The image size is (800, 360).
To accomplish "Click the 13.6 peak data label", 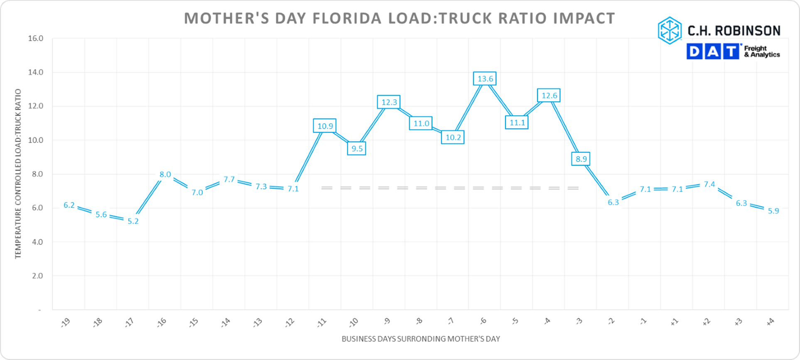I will point(485,78).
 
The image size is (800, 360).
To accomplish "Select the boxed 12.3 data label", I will point(389,102).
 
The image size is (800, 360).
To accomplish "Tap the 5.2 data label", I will point(133,221).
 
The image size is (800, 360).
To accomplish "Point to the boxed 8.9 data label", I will point(581,159).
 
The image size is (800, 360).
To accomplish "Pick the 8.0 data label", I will point(165,174).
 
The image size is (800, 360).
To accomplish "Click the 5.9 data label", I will point(773,211).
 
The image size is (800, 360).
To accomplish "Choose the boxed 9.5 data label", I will point(357,148).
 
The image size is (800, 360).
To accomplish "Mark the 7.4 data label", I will point(709,184).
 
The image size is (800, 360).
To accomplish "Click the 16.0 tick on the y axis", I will point(36,38).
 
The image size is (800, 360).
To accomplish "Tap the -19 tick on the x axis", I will point(66,322).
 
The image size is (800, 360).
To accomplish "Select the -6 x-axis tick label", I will point(483,321).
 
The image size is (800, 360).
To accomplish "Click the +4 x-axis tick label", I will point(770,321).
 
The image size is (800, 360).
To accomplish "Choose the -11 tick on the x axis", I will point(322,322).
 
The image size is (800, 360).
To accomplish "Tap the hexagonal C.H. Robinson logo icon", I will point(670,30).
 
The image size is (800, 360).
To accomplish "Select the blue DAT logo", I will point(713,51).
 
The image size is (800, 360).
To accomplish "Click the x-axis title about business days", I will point(420,339).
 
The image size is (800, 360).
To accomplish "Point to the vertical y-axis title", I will point(18,174).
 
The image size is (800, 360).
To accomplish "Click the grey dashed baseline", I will point(450,188).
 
